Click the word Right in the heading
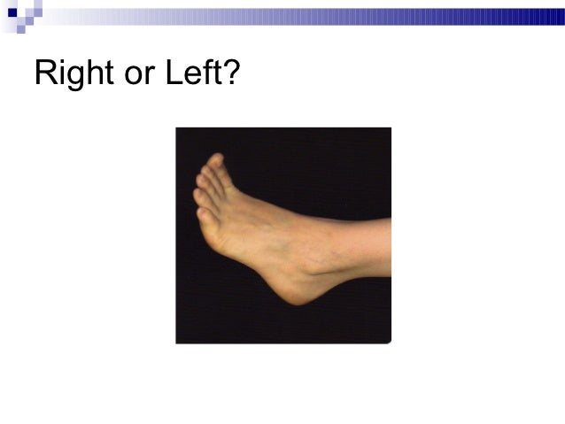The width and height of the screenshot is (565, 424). [74, 73]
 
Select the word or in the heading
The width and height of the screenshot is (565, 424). [139, 75]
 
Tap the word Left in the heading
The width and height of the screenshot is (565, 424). [194, 73]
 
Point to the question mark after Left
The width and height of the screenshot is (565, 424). [231, 73]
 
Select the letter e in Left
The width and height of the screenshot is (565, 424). [191, 76]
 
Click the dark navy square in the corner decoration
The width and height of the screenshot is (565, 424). [12, 12]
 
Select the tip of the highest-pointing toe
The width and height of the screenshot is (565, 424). [215, 160]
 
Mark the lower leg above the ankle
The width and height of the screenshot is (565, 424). [368, 243]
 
